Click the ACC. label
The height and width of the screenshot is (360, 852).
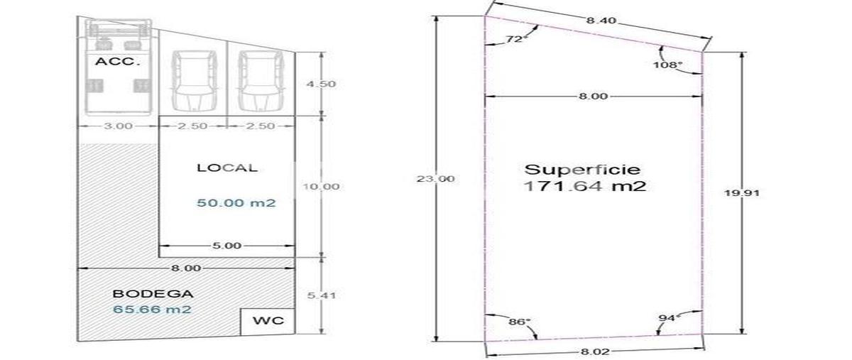point(118,62)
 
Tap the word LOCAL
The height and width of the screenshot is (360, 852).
point(227,168)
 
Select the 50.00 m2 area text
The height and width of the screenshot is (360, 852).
point(236,203)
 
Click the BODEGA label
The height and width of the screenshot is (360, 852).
point(153,294)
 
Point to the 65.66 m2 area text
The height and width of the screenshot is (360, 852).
point(152,309)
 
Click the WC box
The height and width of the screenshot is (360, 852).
point(268,322)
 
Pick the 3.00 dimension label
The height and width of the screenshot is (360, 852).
point(119,126)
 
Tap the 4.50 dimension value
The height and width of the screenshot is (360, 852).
point(322,84)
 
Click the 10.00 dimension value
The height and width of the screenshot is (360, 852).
point(321,187)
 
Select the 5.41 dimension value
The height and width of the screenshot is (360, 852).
point(322,295)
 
